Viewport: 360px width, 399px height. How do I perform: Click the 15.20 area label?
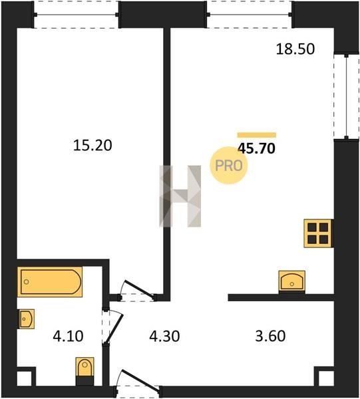pyautogui.click(x=92, y=146)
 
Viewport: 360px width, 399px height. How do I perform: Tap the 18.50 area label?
pyautogui.click(x=295, y=49)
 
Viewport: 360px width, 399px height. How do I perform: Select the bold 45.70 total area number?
pyautogui.click(x=256, y=148)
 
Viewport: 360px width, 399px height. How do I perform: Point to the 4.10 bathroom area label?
pyautogui.click(x=68, y=336)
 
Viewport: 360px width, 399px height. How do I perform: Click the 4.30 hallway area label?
pyautogui.click(x=164, y=336)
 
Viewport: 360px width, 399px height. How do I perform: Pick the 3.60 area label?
pyautogui.click(x=270, y=336)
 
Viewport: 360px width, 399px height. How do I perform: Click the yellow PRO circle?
pyautogui.click(x=229, y=166)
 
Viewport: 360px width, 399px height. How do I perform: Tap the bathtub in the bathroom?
pyautogui.click(x=50, y=282)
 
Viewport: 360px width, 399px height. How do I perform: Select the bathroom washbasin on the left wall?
pyautogui.click(x=26, y=319)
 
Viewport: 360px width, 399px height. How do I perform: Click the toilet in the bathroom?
pyautogui.click(x=85, y=371)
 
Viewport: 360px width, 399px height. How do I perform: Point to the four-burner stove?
pyautogui.click(x=318, y=233)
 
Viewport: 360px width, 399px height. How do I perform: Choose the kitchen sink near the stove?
pyautogui.click(x=291, y=281)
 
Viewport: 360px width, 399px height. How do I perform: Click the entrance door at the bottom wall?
pyautogui.click(x=138, y=382)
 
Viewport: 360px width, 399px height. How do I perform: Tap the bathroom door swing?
pyautogui.click(x=112, y=327)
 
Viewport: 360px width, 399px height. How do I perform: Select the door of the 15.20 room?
pyautogui.click(x=137, y=291)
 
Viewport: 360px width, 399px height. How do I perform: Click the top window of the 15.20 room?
pyautogui.click(x=77, y=15)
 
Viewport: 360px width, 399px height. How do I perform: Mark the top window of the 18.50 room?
pyautogui.click(x=250, y=15)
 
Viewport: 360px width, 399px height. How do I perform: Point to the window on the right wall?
pyautogui.click(x=346, y=96)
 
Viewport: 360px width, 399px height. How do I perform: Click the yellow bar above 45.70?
pyautogui.click(x=257, y=135)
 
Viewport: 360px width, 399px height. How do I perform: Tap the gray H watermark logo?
pyautogui.click(x=180, y=196)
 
